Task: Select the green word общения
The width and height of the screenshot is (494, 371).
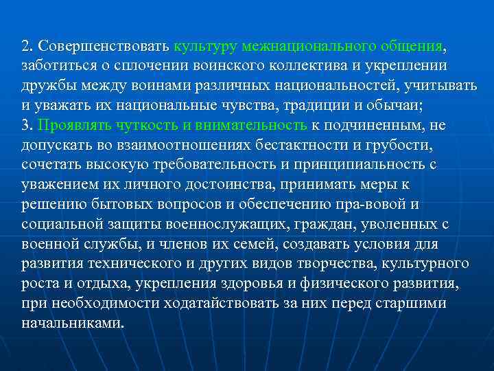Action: tap(410, 46)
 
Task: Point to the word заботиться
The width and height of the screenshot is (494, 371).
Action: tap(54, 66)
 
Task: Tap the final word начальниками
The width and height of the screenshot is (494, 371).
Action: tap(73, 323)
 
